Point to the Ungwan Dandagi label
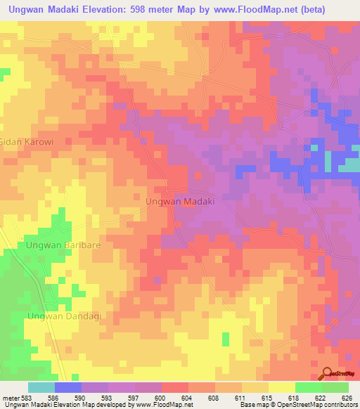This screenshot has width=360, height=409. (64, 316)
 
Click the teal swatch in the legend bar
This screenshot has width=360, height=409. (41, 387)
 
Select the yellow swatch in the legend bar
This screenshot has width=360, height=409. (281, 387)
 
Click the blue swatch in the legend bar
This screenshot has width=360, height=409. (68, 387)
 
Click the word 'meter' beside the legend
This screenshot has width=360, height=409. (11, 398)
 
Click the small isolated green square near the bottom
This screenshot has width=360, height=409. (225, 339)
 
